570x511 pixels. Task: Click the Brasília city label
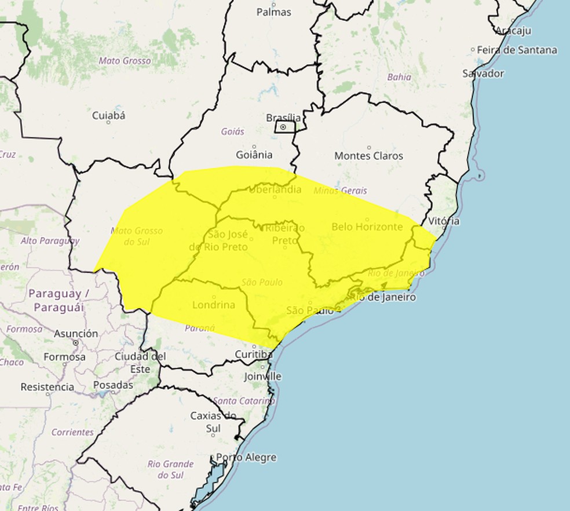point(283,117)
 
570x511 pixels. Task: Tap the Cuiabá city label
point(108,115)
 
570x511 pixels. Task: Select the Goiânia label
point(254,155)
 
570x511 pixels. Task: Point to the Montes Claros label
point(368,156)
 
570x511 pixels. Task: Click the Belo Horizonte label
point(367,227)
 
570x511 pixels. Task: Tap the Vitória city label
point(444,221)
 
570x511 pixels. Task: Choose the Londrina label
point(214,305)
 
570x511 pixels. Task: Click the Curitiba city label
point(254,354)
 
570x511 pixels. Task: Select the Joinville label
point(262,376)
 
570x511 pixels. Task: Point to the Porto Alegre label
point(246,457)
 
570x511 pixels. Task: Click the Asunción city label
point(76,334)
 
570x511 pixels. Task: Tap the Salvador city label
point(483,74)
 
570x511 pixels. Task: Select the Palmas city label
point(273,12)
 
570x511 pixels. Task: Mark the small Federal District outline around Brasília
point(284,127)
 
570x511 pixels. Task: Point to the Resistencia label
point(47,386)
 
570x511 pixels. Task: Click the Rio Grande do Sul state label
point(170,469)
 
